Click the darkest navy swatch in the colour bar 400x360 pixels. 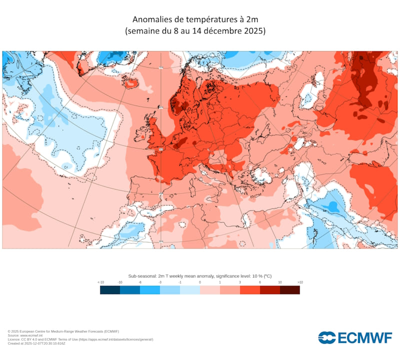tap(110, 290)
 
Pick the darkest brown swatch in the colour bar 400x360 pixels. tap(290, 290)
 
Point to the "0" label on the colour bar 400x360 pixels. tap(200, 282)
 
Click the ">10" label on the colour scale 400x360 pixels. tap(299, 282)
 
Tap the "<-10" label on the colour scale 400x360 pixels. tap(100, 282)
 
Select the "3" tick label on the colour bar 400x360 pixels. tap(240, 282)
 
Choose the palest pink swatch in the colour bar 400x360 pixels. tap(210, 290)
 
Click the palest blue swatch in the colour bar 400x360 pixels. tap(190, 290)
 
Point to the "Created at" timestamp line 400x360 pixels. tap(36, 343)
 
